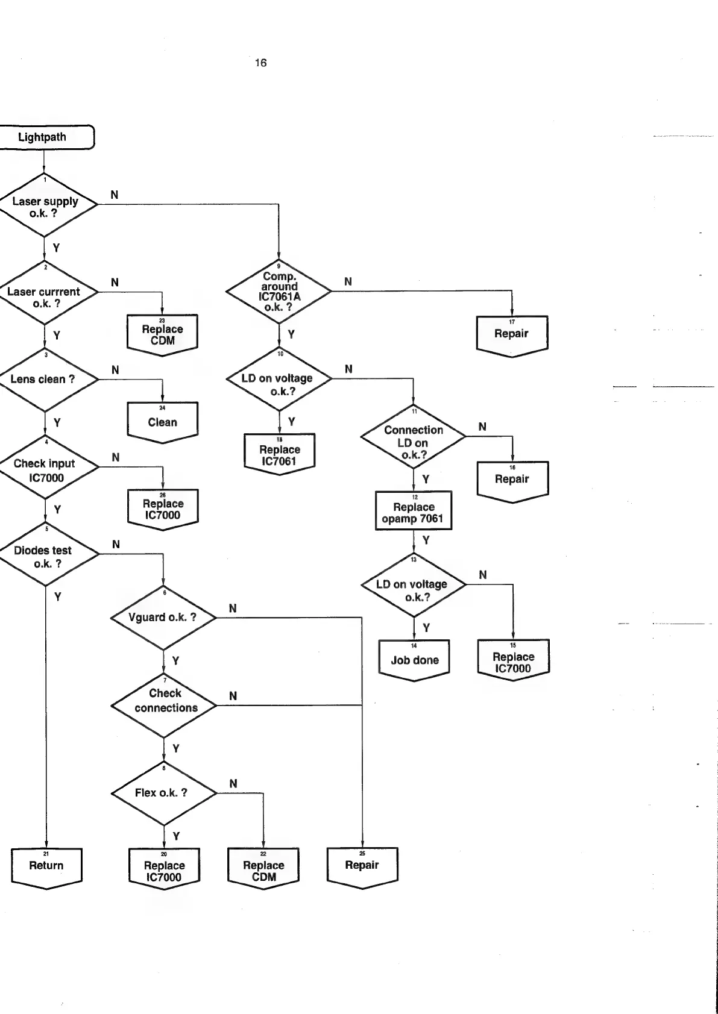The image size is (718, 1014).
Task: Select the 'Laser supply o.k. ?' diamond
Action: (x=45, y=205)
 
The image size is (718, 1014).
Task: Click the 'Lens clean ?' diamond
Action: (x=45, y=380)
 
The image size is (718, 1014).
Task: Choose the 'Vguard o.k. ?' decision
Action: (x=163, y=618)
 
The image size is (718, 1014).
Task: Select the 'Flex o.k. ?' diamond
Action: (x=164, y=793)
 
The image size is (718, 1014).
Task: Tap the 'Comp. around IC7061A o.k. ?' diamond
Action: (x=279, y=291)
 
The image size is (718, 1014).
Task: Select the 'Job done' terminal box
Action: (x=415, y=660)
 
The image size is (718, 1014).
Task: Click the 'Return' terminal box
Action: (x=46, y=866)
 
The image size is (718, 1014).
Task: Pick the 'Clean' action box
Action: (x=163, y=422)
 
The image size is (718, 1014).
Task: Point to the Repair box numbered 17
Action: (x=512, y=334)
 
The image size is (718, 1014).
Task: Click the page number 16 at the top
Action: (x=260, y=63)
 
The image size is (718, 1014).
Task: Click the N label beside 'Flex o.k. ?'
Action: (x=233, y=783)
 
